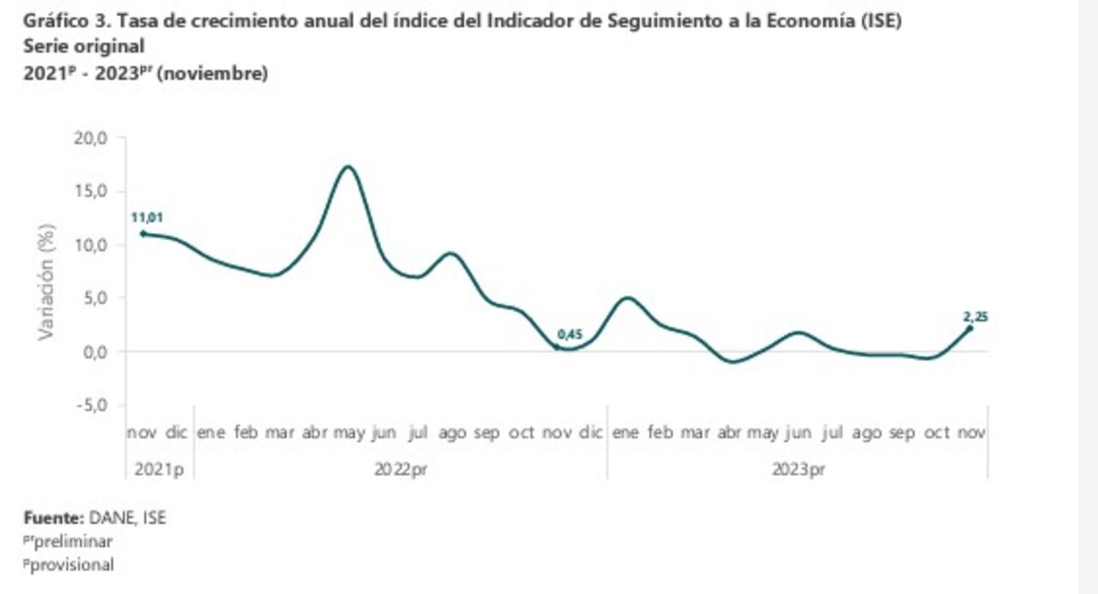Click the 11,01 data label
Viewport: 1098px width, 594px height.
(147, 218)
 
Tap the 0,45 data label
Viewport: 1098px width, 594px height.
(570, 333)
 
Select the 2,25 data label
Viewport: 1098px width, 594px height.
(975, 317)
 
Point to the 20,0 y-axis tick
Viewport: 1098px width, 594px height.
(89, 137)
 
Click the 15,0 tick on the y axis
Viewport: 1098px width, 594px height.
(89, 190)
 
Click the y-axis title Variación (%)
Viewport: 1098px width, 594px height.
(46, 281)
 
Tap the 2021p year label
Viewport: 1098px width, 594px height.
(160, 469)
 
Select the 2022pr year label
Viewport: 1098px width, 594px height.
(400, 469)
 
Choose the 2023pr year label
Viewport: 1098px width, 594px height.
(799, 469)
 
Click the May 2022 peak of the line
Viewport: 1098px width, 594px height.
(347, 166)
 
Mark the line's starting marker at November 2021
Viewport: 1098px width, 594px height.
(142, 233)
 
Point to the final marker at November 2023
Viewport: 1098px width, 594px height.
(970, 327)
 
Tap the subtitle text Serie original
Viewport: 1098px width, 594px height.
(84, 47)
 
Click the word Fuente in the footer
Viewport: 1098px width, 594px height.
(51, 517)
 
